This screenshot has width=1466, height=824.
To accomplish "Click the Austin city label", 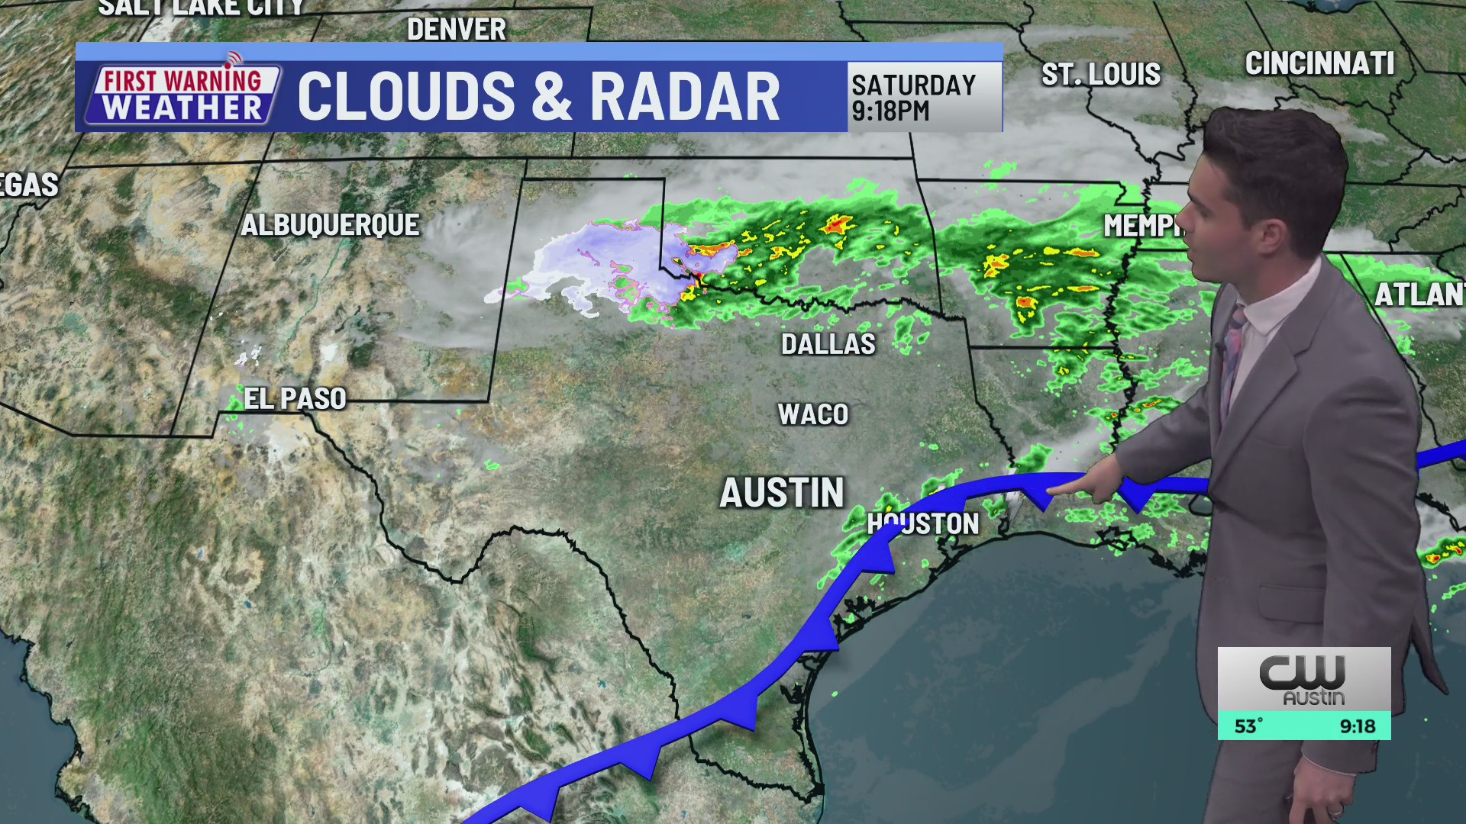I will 782,493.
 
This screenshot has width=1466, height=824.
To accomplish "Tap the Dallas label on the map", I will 828,344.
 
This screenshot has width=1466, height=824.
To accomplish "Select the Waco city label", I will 813,414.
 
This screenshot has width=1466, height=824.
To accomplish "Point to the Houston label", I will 923,523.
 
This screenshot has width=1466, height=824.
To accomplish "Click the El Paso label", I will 295,398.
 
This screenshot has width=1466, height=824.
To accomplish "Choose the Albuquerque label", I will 331,225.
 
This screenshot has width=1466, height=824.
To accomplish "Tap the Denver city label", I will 457,30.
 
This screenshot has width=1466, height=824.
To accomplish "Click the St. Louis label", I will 1101,75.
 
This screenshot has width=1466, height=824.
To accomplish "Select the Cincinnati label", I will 1319,63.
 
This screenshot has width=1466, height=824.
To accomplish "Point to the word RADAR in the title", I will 685,97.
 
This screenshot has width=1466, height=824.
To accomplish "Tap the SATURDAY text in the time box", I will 914,85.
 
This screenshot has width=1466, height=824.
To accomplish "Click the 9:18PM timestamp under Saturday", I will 890,111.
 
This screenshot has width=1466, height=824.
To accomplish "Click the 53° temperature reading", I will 1249,726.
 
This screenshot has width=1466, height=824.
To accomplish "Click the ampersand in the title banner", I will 552,97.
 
